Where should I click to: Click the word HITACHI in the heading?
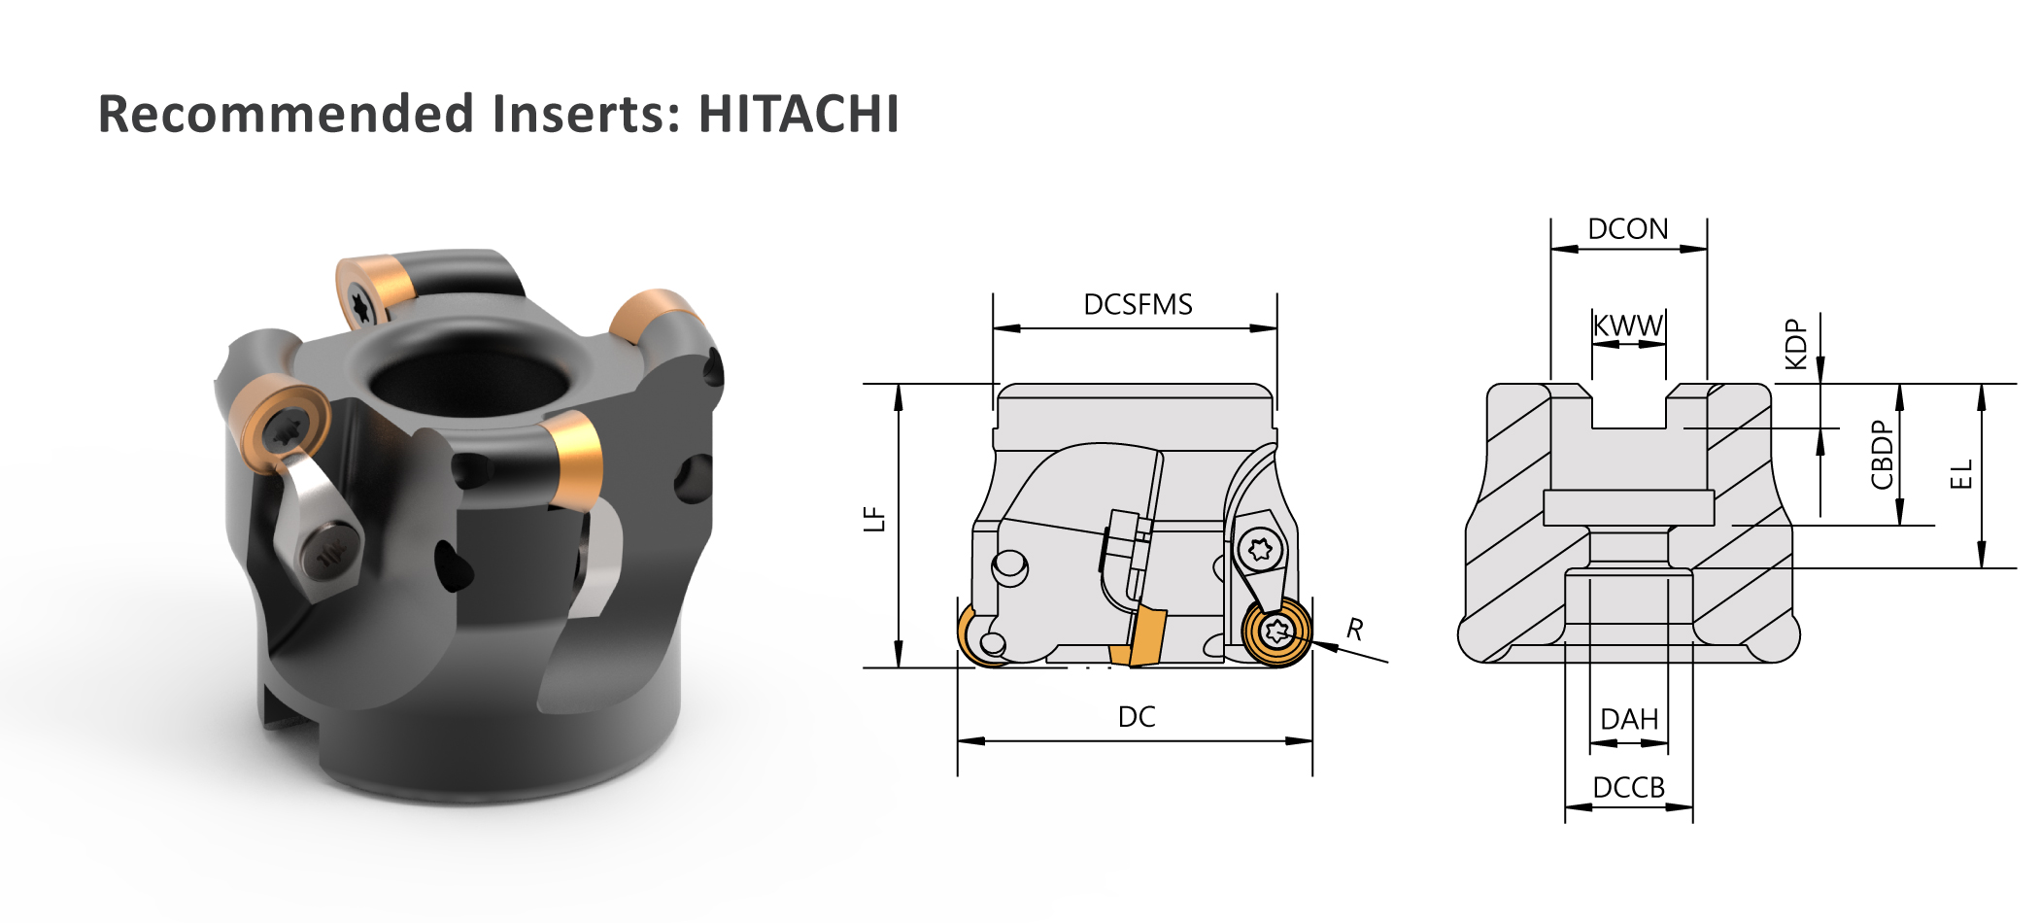[799, 114]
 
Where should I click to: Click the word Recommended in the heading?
[286, 114]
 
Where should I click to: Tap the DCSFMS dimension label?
[1138, 305]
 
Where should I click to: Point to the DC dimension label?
[1137, 717]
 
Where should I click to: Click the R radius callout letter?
[1355, 630]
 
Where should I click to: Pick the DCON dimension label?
[1628, 229]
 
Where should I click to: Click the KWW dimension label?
[1628, 325]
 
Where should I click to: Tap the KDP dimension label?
[1796, 344]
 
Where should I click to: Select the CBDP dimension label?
[1882, 455]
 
